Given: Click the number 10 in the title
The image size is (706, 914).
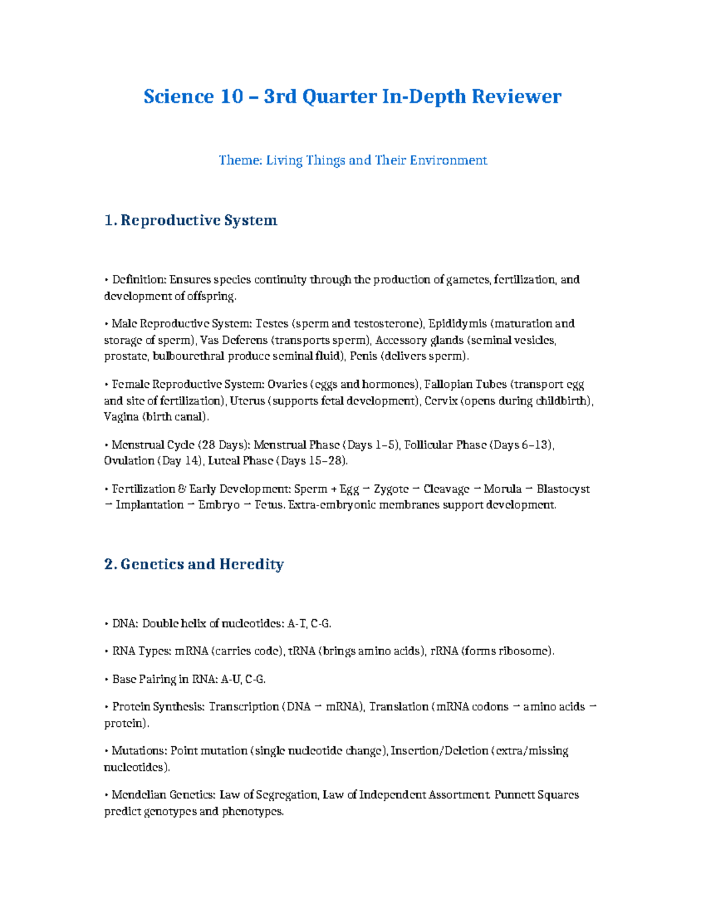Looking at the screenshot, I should click(x=232, y=97).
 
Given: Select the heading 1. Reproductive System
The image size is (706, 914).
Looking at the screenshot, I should click(x=191, y=220).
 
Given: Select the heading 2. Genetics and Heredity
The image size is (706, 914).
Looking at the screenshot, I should click(x=194, y=564).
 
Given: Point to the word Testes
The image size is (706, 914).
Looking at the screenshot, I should click(x=272, y=324).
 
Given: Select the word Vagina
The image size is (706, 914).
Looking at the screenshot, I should click(x=121, y=417).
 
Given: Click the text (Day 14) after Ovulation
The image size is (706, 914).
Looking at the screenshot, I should click(x=180, y=461).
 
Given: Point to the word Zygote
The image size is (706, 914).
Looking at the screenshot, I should click(x=391, y=489).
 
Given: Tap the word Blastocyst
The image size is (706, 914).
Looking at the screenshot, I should click(x=563, y=489).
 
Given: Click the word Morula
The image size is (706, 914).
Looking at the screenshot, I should click(x=502, y=489).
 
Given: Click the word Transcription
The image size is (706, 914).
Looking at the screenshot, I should click(x=244, y=706).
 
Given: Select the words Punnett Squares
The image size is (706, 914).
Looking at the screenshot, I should click(x=537, y=795).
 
